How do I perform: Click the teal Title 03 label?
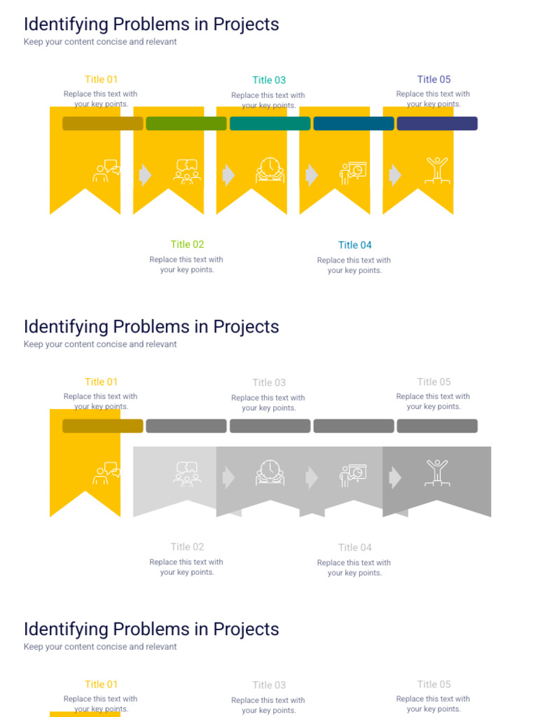point(269,80)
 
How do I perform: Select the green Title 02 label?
point(187,244)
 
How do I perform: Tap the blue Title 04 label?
point(355,245)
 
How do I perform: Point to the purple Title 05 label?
point(434,79)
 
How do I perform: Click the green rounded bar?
point(186,123)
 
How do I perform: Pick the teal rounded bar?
point(270,123)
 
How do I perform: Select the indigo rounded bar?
point(437,123)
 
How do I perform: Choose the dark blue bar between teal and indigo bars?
point(354,123)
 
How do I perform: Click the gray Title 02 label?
point(187,547)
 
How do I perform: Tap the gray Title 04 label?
point(355,548)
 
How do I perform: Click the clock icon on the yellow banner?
point(270,170)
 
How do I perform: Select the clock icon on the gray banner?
point(270,473)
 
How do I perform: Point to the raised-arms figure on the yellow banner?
point(437,171)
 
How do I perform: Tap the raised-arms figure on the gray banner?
point(437,473)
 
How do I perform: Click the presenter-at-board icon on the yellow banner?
point(353,173)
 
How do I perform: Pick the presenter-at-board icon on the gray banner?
point(353,475)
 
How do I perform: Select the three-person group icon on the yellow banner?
point(186,172)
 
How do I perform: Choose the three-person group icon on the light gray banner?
point(186,474)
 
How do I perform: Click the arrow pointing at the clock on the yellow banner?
point(228,174)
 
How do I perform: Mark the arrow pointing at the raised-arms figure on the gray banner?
point(395,478)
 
